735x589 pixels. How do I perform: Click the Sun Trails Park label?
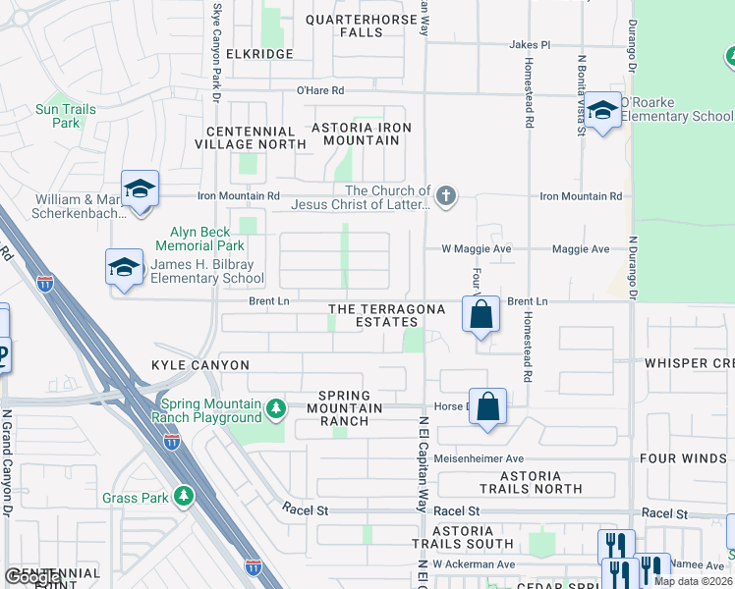click(66, 116)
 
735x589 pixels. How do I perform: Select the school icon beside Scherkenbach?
click(141, 188)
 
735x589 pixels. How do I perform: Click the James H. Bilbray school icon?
click(125, 266)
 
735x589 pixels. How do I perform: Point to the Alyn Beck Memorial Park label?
click(201, 239)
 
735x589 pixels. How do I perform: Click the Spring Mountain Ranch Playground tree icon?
click(277, 406)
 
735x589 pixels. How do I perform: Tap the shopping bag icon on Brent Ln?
click(481, 315)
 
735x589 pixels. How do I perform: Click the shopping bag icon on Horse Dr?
click(488, 405)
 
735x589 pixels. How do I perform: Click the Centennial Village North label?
click(251, 137)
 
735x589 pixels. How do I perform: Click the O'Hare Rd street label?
click(320, 90)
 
